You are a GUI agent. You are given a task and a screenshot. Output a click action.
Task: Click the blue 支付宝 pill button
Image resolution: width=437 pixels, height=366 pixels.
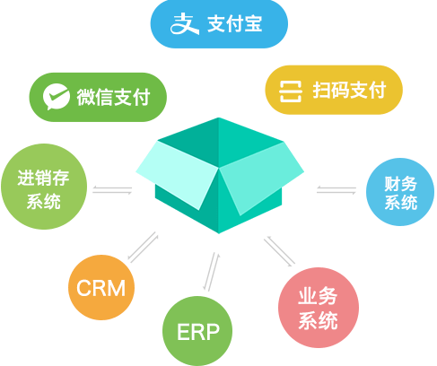tap(218, 24)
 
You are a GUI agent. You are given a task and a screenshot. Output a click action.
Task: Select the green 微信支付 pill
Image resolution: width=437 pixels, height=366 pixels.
tap(98, 95)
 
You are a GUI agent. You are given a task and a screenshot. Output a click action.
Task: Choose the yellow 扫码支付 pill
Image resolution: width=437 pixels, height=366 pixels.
tap(334, 91)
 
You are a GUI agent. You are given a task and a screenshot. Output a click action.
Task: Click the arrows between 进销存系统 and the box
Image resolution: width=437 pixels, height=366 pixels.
tap(112, 189)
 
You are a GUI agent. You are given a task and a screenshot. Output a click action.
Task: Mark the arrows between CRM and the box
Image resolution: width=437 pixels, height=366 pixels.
tap(142, 247)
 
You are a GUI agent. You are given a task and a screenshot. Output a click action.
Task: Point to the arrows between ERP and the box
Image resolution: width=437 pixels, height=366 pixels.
tap(213, 270)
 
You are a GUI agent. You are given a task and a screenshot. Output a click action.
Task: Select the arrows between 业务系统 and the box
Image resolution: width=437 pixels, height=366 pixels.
tap(279, 252)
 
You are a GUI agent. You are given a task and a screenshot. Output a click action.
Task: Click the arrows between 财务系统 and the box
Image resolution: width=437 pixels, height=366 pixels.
tap(336, 189)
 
